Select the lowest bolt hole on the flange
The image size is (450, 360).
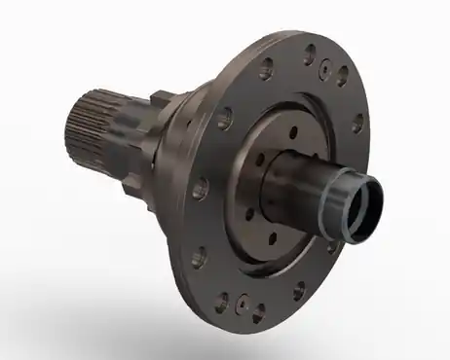tap(258, 312)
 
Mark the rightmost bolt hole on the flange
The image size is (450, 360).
tap(358, 124)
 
